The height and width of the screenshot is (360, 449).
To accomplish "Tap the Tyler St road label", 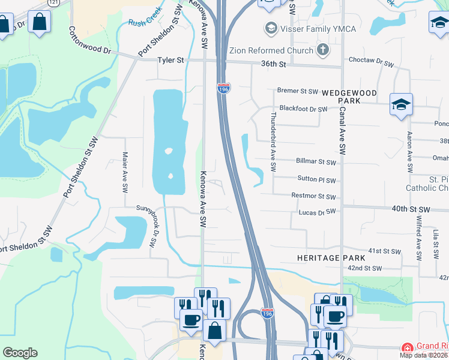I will pyautogui.click(x=170, y=61).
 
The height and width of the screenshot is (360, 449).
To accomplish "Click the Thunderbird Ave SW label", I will pyautogui.click(x=273, y=135).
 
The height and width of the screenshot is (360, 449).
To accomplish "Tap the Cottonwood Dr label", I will pyautogui.click(x=91, y=41).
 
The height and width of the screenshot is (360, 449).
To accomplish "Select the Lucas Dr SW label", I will pyautogui.click(x=316, y=212).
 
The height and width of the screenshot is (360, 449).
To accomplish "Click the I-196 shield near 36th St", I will pyautogui.click(x=223, y=88).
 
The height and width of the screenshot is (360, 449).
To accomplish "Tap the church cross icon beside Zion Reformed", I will pyautogui.click(x=323, y=49).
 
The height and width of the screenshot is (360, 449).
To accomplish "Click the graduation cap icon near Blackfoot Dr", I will pyautogui.click(x=400, y=104).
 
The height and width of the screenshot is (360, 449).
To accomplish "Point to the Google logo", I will pyautogui.click(x=20, y=353).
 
